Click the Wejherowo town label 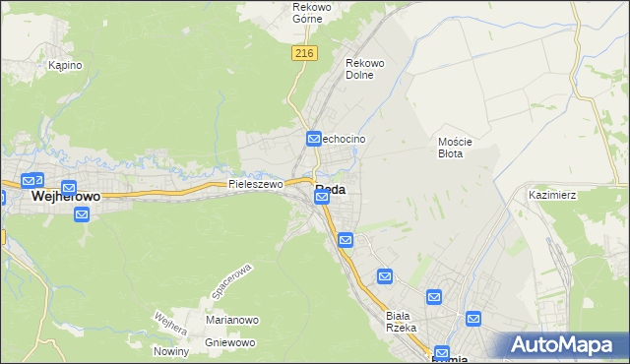tap(66, 197)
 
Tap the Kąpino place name tap(65, 65)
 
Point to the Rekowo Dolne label tap(364, 69)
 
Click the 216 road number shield tap(303, 54)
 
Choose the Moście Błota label tap(456, 148)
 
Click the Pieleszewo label tap(256, 184)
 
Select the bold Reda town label tap(331, 189)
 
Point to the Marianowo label tap(232, 320)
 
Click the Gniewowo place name tap(230, 342)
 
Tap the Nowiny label tap(170, 351)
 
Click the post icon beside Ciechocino tap(314, 140)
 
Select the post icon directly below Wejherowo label tap(82, 214)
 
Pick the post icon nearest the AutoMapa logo tap(473, 319)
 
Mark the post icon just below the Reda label tap(322, 199)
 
